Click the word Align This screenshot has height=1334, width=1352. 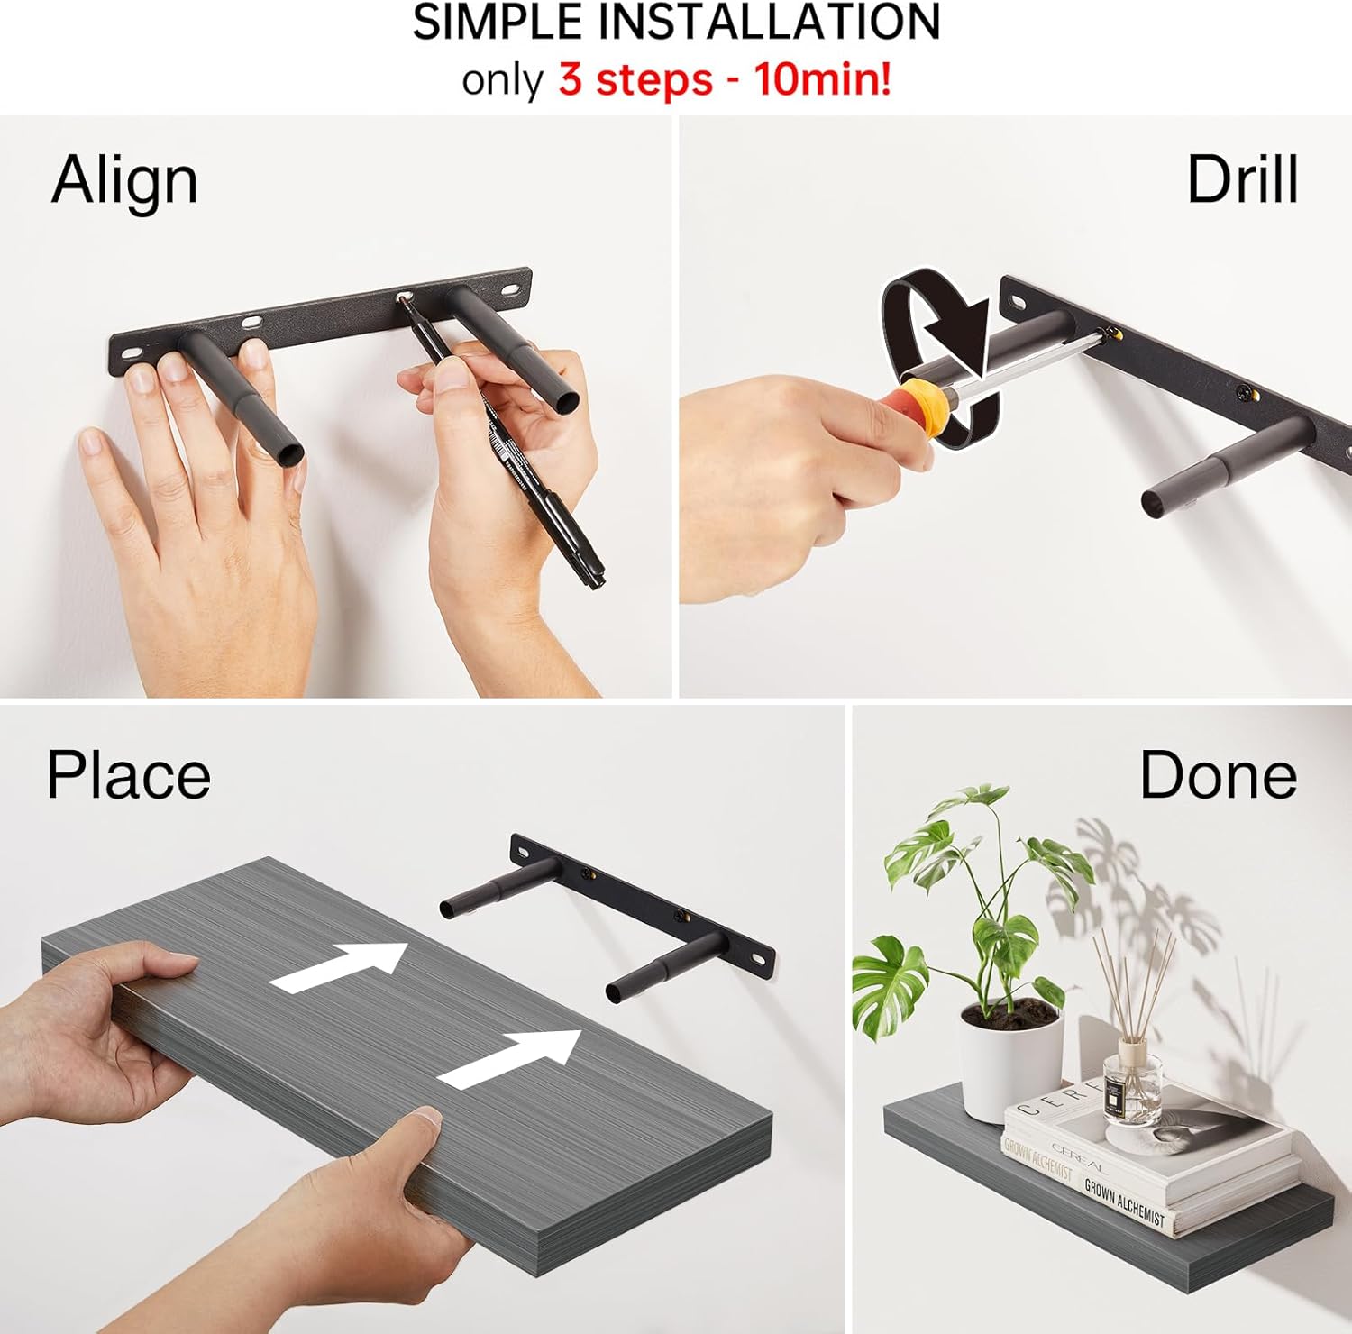124,181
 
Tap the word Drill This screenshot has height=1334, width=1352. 1242,179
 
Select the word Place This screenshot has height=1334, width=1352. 128,775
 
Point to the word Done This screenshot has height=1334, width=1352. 1218,774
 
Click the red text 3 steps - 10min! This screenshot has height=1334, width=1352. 725,79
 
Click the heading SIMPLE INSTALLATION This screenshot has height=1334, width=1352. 677,22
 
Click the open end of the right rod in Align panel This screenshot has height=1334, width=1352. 564,399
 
